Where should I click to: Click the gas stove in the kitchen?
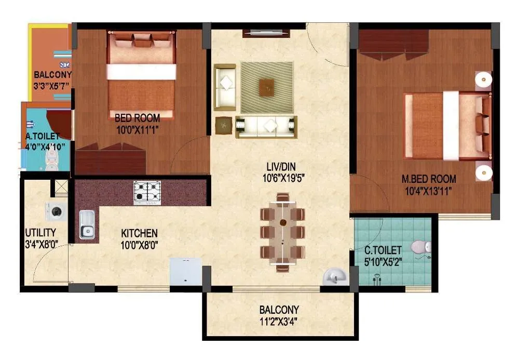point(147,192)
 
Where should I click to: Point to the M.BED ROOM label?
point(429,179)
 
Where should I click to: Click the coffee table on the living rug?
point(267,86)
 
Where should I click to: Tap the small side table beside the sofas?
point(224,125)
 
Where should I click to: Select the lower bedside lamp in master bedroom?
point(483,172)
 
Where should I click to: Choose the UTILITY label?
point(40,233)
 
